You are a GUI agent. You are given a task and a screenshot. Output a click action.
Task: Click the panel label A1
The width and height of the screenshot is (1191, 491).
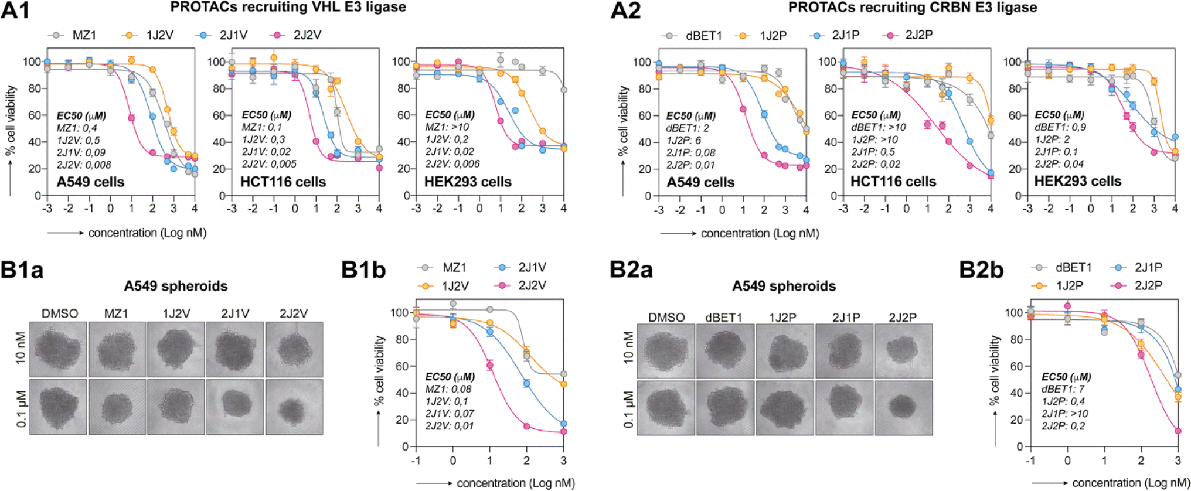click(15, 10)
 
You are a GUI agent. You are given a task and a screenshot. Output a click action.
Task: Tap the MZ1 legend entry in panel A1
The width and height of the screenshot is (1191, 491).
click(73, 35)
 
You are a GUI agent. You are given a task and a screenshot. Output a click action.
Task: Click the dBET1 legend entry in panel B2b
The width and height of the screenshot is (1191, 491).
click(1062, 267)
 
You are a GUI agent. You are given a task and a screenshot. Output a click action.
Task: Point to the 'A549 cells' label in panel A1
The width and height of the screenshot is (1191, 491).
click(90, 182)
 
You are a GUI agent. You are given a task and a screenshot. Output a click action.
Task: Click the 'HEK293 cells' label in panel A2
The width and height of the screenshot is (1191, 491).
click(1077, 182)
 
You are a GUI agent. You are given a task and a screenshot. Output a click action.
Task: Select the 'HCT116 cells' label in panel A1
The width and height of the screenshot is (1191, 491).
click(283, 182)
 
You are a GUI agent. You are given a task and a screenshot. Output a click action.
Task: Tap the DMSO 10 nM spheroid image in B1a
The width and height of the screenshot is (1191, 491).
click(58, 349)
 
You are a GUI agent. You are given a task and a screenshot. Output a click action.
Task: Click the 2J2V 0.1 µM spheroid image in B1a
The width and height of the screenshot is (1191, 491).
click(294, 407)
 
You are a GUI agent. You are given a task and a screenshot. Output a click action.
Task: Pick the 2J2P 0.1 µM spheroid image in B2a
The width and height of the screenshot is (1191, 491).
click(903, 408)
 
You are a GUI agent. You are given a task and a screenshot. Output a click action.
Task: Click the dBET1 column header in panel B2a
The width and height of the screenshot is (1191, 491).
click(724, 318)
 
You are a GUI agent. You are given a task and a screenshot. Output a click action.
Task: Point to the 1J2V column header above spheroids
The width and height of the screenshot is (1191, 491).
click(176, 313)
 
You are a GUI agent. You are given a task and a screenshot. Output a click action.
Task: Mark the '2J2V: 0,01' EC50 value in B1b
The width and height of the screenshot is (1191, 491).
click(450, 426)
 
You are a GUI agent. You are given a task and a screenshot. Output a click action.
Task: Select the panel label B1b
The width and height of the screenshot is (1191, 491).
click(363, 270)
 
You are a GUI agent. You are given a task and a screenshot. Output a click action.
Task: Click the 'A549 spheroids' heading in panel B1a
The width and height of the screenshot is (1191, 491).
click(176, 286)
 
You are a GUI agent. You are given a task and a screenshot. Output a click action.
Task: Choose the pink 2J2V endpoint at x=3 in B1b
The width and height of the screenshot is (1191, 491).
click(563, 432)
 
